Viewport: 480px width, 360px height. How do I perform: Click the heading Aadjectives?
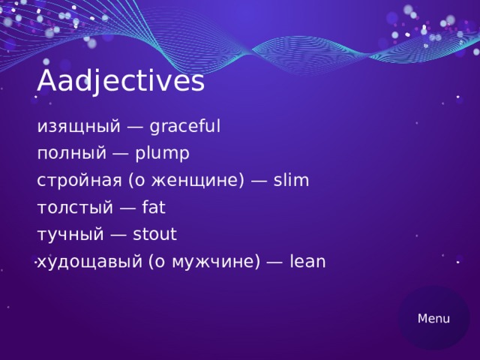[x=121, y=81]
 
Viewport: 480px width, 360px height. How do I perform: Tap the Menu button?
[x=433, y=318]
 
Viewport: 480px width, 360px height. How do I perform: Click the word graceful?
[x=185, y=127]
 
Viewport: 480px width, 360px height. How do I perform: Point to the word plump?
[x=163, y=154]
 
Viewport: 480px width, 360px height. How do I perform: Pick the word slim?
[x=291, y=181]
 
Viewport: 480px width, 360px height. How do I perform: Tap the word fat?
[x=153, y=208]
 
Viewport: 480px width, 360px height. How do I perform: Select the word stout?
[x=154, y=235]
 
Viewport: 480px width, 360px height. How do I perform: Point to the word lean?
[x=307, y=262]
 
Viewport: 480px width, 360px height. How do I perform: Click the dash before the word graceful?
[x=135, y=127]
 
